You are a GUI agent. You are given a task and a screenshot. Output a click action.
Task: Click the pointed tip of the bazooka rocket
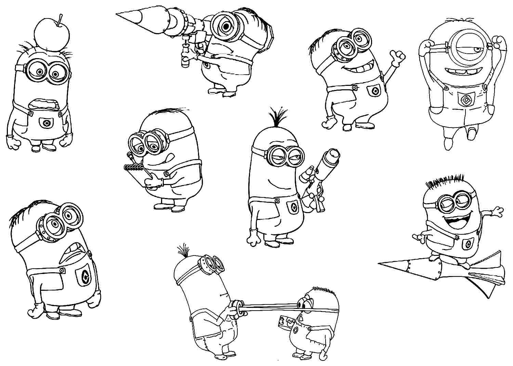pyautogui.click(x=118, y=14)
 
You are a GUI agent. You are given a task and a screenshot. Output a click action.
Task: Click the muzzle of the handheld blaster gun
pyautogui.click(x=332, y=155)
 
